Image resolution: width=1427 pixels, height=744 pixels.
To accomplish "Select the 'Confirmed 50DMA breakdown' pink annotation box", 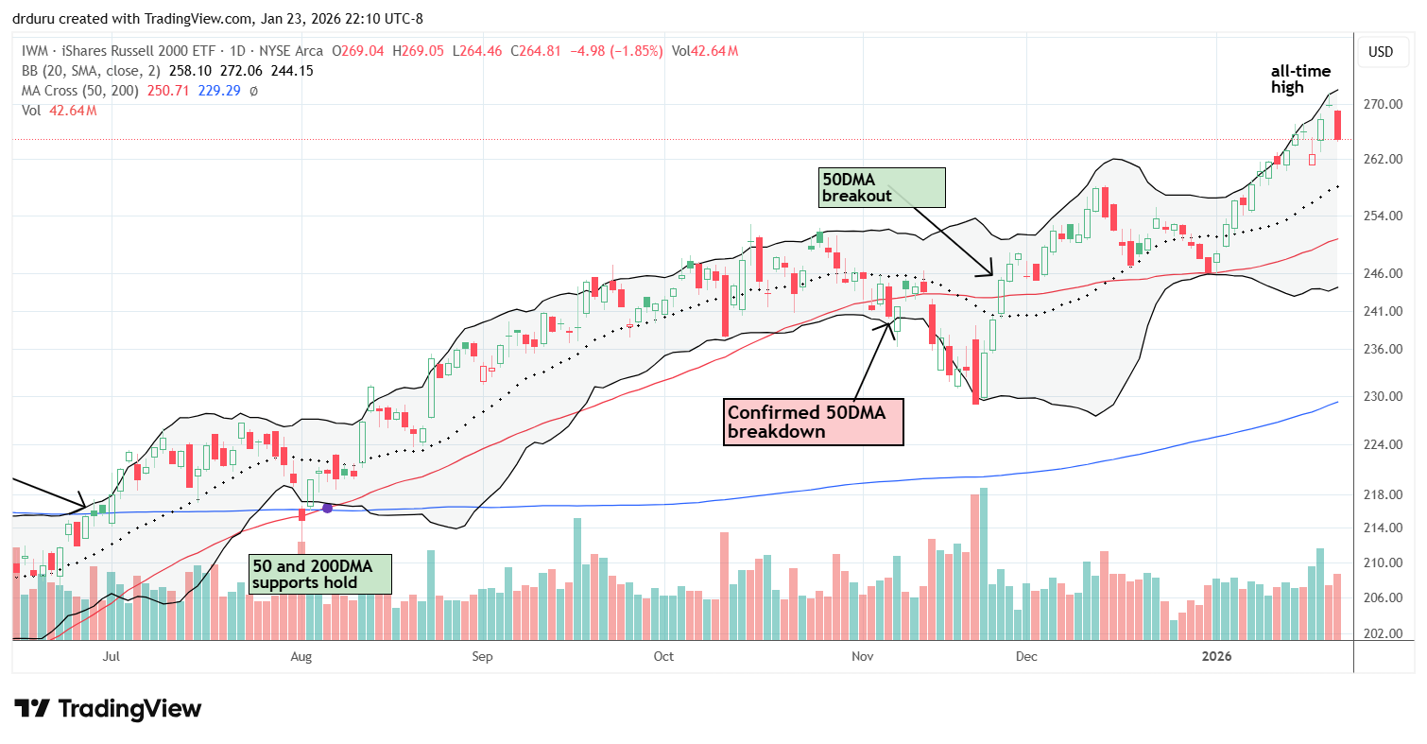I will tap(813, 422).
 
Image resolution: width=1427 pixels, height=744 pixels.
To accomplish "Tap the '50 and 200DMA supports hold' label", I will tap(319, 574).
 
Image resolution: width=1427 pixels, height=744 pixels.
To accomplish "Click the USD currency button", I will tap(1381, 51).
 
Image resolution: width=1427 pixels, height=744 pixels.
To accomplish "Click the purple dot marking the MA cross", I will tap(327, 508).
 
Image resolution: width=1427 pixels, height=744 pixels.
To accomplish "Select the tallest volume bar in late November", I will tap(984, 563).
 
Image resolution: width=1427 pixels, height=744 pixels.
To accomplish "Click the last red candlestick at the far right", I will tap(1337, 125).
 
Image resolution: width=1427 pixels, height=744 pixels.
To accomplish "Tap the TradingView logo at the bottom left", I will tap(108, 708).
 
